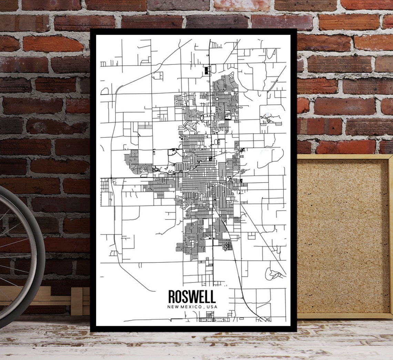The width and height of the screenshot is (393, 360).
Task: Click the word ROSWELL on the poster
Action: tap(192, 297)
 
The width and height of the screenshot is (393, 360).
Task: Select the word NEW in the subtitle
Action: tap(173, 307)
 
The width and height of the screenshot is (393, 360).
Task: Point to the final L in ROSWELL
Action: tap(213, 297)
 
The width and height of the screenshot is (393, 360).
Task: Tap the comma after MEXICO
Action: tap(205, 307)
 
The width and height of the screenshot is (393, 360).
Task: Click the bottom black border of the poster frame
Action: tap(193, 329)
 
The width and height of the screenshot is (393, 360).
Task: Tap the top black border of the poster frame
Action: tap(193, 31)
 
